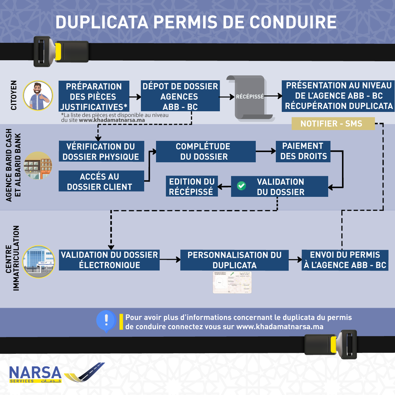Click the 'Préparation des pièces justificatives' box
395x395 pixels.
[x=94, y=96]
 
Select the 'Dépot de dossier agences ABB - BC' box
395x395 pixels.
[x=180, y=96]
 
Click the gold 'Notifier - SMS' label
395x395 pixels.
[x=333, y=124]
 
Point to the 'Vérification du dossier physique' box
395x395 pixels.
[x=101, y=151]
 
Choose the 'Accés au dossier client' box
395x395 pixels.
[x=101, y=181]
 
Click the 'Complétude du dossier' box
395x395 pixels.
[x=205, y=151]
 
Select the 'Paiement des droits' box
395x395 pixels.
[x=303, y=151]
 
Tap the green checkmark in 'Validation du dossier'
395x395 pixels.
[x=241, y=186]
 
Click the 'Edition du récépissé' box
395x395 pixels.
[x=192, y=186]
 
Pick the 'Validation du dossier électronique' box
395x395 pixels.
[x=109, y=260]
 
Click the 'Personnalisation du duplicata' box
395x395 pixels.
[x=234, y=260]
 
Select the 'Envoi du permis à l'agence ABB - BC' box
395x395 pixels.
[x=345, y=260]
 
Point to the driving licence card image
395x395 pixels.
[x=232, y=282]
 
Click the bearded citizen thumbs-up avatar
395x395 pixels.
[x=38, y=96]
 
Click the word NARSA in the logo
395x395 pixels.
[x=35, y=372]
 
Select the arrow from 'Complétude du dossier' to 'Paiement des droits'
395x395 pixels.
[x=266, y=151]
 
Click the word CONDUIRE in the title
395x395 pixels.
[x=293, y=22]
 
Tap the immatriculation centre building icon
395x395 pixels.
[x=39, y=262]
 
